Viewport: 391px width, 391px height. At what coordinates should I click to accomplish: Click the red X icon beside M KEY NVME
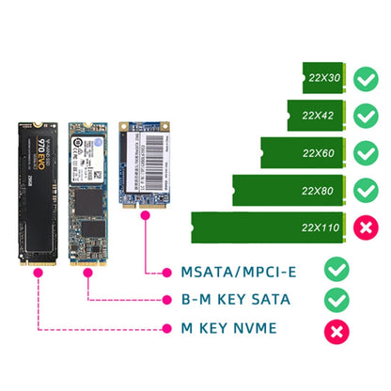pyautogui.click(x=334, y=329)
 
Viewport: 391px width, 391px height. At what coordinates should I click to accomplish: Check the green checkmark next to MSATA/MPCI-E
pyautogui.click(x=334, y=273)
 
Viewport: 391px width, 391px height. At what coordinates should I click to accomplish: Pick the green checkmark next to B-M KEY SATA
pyautogui.click(x=334, y=300)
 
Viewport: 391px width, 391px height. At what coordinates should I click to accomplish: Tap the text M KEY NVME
pyautogui.click(x=230, y=329)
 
